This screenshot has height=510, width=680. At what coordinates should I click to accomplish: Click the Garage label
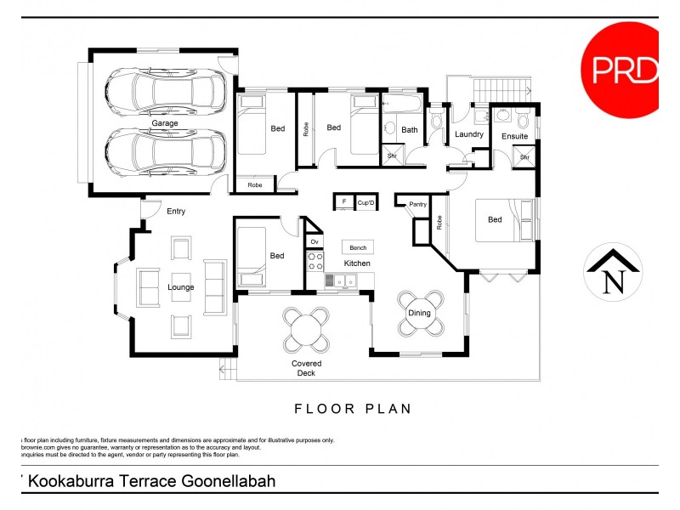(165, 124)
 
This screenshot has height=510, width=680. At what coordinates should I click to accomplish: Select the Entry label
(176, 212)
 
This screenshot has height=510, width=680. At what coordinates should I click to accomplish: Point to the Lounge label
(180, 287)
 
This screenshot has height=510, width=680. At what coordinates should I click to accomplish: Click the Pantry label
(417, 205)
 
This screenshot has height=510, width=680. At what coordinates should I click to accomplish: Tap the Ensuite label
(514, 136)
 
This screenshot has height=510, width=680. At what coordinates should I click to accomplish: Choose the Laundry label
(468, 135)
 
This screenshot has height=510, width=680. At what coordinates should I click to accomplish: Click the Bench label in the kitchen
(358, 247)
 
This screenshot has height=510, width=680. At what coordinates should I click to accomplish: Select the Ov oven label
(314, 242)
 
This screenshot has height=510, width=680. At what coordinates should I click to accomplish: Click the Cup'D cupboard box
(366, 202)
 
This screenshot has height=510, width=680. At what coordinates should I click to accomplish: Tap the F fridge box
(343, 202)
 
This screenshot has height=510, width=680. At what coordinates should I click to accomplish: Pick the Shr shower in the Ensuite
(524, 157)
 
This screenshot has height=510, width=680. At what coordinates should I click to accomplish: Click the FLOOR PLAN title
(353, 409)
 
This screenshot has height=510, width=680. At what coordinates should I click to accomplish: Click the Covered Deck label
(306, 368)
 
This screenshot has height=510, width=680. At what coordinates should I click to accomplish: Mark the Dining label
(420, 314)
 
